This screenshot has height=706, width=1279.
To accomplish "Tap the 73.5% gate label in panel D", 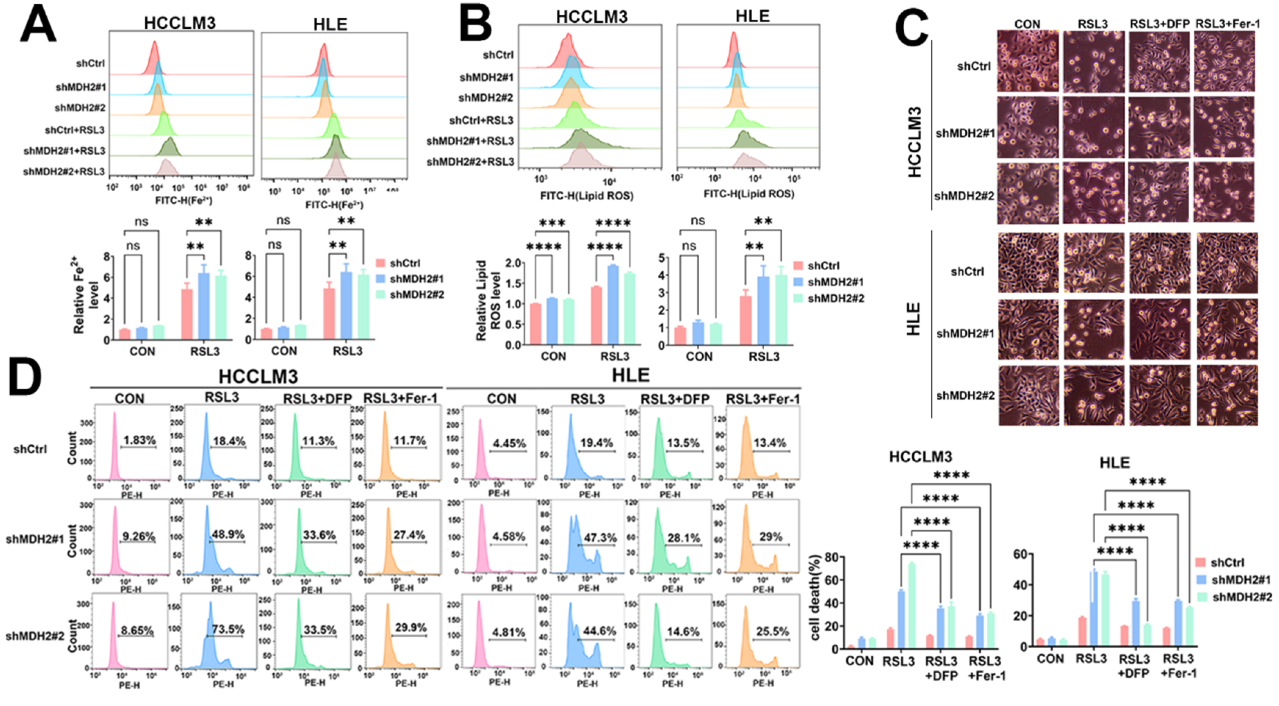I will point(228,629).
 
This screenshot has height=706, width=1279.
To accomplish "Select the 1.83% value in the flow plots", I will point(140,440).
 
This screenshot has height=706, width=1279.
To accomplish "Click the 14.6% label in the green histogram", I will point(683,631).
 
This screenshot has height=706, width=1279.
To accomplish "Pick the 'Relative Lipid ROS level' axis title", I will point(488,300).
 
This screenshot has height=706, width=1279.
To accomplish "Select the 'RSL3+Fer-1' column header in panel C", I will point(1227,24).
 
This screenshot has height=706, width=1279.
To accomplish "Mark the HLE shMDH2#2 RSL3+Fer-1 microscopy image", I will point(1227,396).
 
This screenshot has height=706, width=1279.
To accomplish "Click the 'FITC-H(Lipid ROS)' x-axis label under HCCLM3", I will point(587,196).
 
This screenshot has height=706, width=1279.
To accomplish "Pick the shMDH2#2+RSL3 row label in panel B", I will point(470,162).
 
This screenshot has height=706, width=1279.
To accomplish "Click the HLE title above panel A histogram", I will point(330,24).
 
